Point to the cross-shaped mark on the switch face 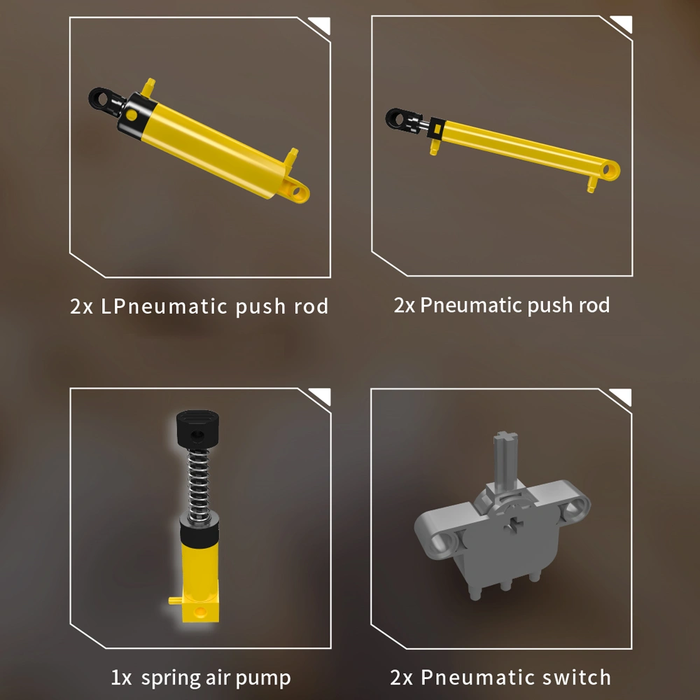tap(516, 523)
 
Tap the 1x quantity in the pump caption tap(120, 678)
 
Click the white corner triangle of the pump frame tap(321, 398)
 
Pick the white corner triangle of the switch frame tap(622, 398)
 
